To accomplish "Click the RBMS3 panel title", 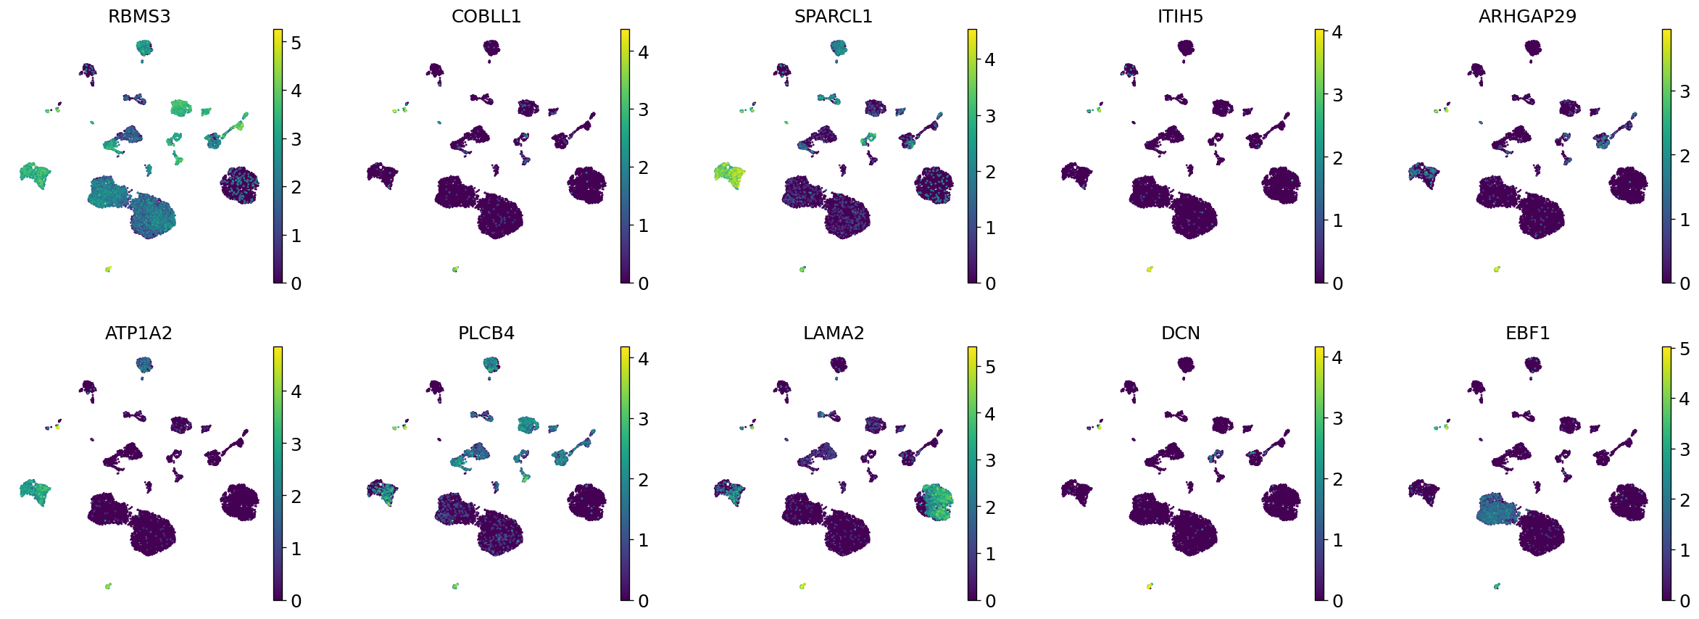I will (x=139, y=16).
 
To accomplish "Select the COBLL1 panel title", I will (x=486, y=16).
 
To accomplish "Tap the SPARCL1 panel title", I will (x=834, y=16).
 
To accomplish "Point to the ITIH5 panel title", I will (x=1180, y=16).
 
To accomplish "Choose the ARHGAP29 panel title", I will (x=1527, y=16).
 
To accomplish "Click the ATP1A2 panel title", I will (x=139, y=333).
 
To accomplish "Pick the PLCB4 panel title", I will (x=486, y=333).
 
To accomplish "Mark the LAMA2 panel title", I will (x=834, y=333).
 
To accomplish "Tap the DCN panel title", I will (x=1180, y=333).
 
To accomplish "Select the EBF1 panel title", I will (x=1527, y=333).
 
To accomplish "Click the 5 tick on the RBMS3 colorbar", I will (x=296, y=43).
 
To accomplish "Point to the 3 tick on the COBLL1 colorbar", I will (x=643, y=109).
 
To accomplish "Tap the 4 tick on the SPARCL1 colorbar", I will (x=990, y=59).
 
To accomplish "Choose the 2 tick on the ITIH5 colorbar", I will (x=1337, y=157).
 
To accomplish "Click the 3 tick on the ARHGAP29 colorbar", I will (x=1685, y=91).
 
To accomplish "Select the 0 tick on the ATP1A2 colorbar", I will (x=296, y=600).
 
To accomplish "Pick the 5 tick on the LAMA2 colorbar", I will (x=990, y=367).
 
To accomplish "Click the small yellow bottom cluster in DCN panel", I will (x=1150, y=586).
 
